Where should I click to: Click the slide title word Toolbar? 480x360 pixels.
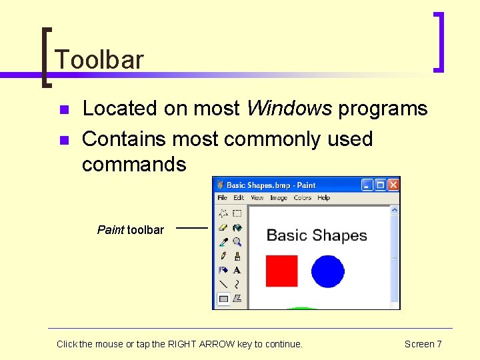99,60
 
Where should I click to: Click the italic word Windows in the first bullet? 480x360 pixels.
289,109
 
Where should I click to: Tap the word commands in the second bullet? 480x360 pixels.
134,164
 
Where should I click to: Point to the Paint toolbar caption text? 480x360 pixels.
131,230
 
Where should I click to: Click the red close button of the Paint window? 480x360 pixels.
393,185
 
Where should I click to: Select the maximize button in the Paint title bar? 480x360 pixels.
380,185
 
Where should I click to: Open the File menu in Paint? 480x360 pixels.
223,198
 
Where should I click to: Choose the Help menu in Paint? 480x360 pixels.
323,198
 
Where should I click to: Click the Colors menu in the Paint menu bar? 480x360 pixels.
303,198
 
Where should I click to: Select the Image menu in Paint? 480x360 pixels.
279,198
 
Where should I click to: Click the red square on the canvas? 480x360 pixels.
281,271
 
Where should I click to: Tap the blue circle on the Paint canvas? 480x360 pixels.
327,271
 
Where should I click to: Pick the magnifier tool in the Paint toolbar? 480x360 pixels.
237,242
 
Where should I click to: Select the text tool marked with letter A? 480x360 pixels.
237,270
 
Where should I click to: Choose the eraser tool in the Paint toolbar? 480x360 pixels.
223,228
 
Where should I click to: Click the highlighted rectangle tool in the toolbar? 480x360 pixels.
223,299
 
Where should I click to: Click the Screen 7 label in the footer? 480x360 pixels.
423,344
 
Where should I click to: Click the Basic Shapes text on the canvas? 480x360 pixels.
317,235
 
